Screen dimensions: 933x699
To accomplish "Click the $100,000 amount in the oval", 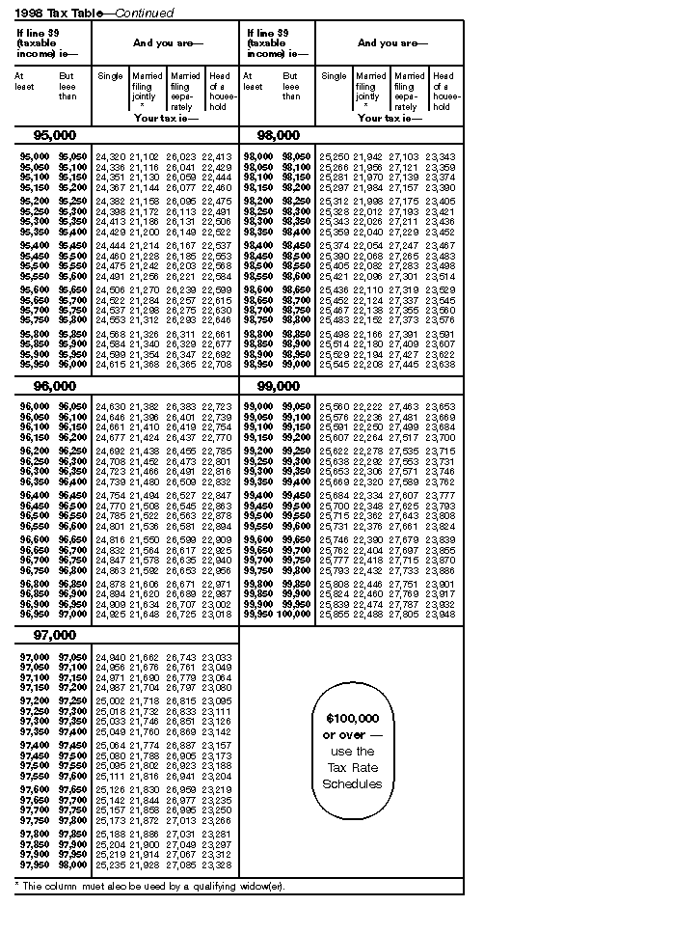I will click(352, 719).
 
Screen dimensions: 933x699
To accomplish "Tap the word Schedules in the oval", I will click(352, 783).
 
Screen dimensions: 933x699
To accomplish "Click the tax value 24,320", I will click(110, 156).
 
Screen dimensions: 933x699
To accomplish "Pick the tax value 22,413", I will click(216, 156).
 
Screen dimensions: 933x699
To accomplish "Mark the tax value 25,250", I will click(334, 156).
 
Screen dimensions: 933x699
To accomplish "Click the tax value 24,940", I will click(110, 657).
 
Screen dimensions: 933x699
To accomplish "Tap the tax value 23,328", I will click(216, 864).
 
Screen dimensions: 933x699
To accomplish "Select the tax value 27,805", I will click(405, 614).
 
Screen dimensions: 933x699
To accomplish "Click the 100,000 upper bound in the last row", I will click(291, 614).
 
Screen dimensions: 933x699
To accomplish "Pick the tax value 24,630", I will click(110, 407).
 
